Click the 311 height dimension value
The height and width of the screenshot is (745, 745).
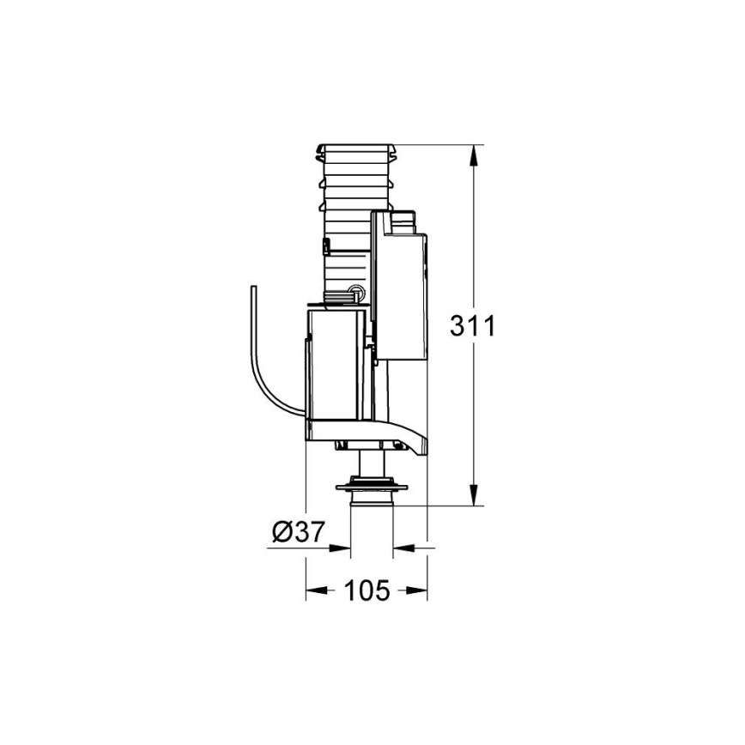474,327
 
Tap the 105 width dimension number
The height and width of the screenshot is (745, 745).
367,591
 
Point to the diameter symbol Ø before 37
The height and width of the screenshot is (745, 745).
282,532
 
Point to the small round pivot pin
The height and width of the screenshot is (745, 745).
355,291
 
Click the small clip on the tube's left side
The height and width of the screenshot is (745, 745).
325,248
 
